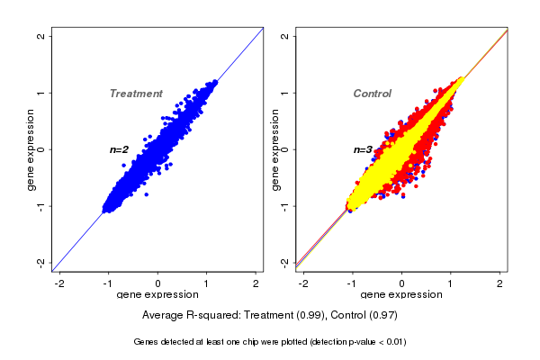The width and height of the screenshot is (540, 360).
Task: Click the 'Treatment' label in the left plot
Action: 136,94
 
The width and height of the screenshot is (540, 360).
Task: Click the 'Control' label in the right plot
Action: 373,94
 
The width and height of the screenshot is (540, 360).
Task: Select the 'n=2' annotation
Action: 120,149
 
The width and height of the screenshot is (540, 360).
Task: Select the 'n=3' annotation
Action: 363,149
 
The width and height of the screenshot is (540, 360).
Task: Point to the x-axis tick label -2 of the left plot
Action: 59,283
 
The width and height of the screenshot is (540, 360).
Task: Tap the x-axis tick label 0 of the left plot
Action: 158,283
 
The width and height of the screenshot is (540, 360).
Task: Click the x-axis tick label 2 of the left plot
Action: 256,283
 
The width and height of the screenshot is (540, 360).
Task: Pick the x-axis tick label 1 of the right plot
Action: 451,283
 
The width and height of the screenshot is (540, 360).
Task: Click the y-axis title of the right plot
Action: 274,149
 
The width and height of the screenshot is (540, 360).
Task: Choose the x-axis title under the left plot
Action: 157,295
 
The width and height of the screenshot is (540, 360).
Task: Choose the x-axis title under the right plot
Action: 401,295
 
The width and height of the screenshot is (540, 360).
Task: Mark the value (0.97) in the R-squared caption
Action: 383,315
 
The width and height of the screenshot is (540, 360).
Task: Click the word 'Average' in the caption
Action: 163,315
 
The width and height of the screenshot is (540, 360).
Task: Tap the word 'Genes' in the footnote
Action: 147,342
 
